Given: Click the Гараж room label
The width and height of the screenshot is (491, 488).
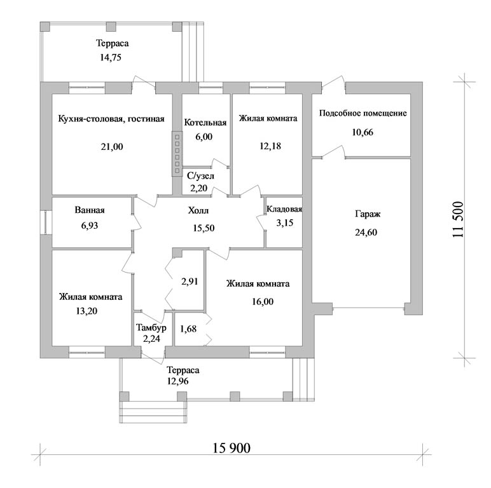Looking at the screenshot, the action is [x=368, y=215].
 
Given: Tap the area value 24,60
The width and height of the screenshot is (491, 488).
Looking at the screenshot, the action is [x=366, y=233].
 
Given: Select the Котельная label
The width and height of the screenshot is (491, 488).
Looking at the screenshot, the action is [x=205, y=122].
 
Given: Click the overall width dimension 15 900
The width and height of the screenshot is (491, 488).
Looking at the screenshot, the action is [x=232, y=448].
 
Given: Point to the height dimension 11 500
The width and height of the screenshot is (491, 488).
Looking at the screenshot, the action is [x=458, y=219].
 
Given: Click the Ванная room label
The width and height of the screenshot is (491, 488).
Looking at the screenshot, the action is [x=90, y=210].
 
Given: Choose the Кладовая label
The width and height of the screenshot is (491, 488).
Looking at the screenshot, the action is [x=284, y=209].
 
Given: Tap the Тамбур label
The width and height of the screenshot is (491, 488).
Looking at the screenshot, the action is [x=151, y=328].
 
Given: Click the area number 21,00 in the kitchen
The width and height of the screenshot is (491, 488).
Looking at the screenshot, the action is [x=112, y=146].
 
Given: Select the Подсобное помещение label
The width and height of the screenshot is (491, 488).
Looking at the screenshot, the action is [x=363, y=113].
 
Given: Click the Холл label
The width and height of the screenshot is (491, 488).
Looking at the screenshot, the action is [x=198, y=210].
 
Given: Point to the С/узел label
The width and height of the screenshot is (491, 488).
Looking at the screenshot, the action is [x=201, y=176].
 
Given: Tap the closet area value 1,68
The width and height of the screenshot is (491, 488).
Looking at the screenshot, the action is [x=188, y=329].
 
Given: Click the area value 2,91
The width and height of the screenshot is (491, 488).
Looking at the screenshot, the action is [x=190, y=281].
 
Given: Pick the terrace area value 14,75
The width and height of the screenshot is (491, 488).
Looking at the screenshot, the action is [x=111, y=58].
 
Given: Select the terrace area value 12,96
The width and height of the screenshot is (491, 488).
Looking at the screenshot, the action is [x=178, y=381].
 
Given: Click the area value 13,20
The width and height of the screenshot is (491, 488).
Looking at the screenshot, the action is [x=86, y=311].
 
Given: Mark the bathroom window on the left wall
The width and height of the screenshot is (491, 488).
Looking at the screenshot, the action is [x=46, y=222].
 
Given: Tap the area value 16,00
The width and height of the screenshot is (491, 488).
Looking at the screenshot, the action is [x=263, y=302].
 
